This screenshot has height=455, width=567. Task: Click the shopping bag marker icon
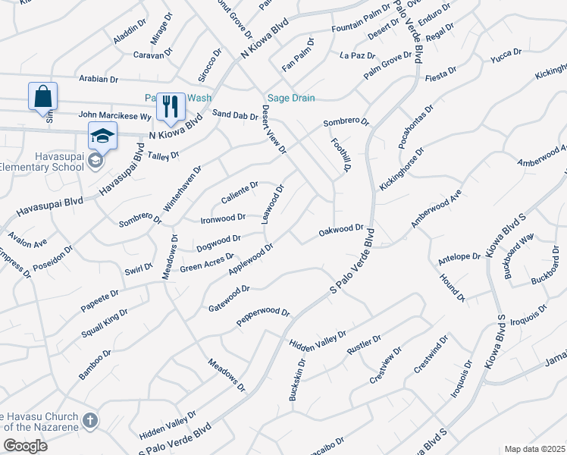tap(43, 97)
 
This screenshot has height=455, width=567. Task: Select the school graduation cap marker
tap(102, 136)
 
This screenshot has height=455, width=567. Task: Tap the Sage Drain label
tap(290, 98)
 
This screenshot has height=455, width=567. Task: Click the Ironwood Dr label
tap(223, 218)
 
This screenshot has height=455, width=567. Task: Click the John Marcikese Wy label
tap(114, 116)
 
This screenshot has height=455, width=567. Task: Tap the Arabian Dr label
tap(99, 78)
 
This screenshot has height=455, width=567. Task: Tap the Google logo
tap(24, 446)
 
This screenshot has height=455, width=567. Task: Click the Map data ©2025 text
tap(534, 449)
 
